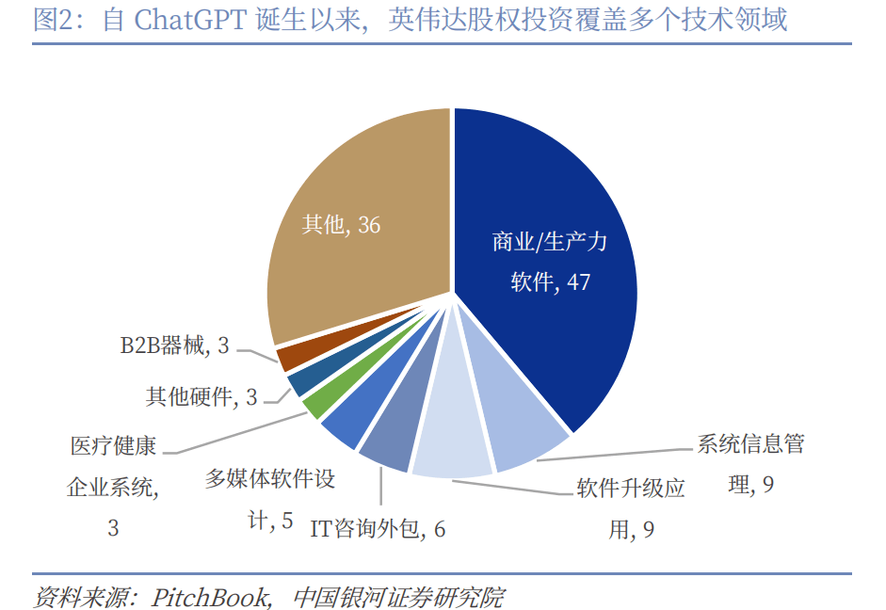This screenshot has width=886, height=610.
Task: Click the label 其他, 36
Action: [341, 226]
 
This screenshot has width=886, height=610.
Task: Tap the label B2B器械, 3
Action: [174, 345]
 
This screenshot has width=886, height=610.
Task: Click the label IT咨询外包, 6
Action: [378, 529]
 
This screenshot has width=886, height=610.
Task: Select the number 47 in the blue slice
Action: [579, 281]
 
